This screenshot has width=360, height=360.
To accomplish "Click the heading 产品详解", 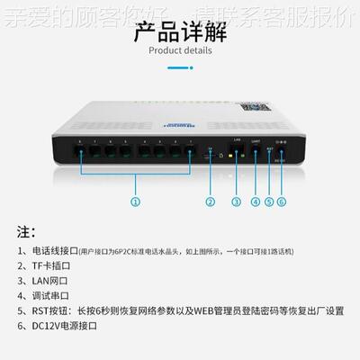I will coord(180,35).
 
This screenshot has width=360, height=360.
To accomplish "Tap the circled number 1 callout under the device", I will coord(136,202).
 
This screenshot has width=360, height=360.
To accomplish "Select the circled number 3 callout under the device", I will coord(237,202).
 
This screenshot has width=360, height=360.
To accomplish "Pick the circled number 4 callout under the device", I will coord(256,202).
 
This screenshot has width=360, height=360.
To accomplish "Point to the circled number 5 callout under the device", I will coord(268,202).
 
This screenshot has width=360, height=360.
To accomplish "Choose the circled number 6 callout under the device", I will coord(281,202).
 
